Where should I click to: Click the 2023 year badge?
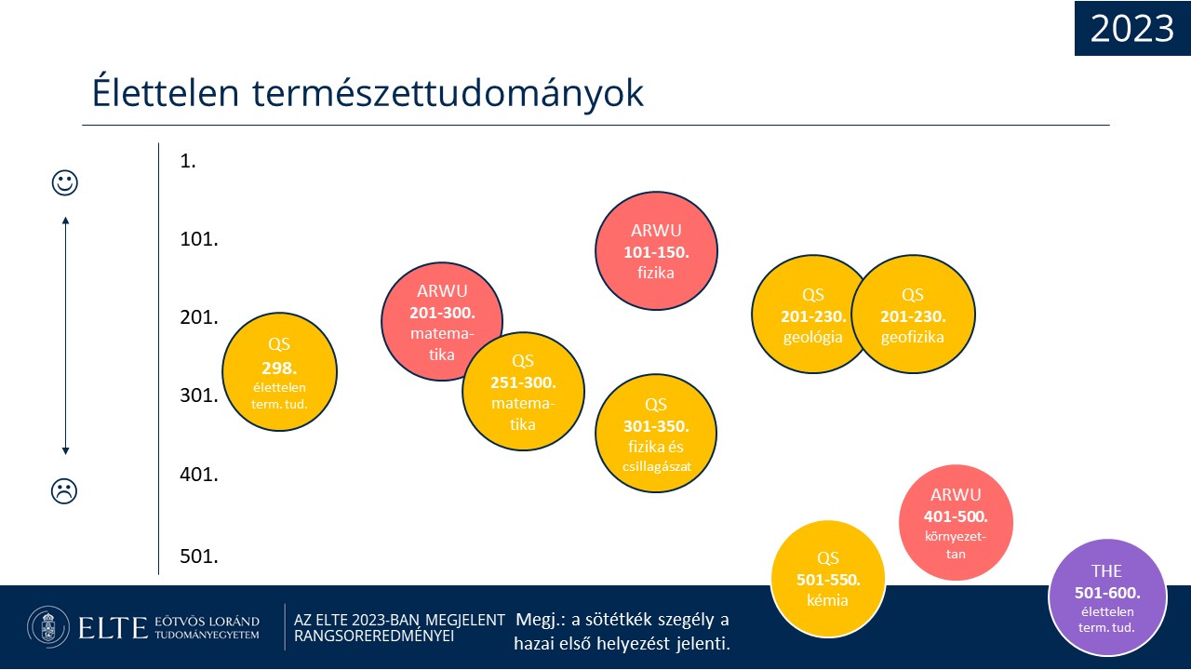click(1132, 28)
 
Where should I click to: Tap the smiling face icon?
click(65, 183)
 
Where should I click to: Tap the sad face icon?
click(64, 491)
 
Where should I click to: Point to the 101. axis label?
click(199, 239)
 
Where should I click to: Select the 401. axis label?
click(199, 475)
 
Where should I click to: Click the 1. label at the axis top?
click(188, 161)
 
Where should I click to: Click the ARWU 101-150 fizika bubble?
click(656, 251)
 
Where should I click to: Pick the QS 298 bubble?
click(280, 371)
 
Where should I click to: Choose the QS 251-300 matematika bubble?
click(523, 392)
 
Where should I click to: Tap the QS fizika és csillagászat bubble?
click(656, 434)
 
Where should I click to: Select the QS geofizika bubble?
click(913, 315)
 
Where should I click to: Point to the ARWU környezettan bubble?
click(956, 523)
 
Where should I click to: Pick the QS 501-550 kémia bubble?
click(828, 579)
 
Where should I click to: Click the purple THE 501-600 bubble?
click(1107, 597)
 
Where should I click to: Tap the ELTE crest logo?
click(48, 627)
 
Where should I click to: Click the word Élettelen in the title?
click(166, 93)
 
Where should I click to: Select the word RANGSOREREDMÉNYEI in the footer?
click(374, 636)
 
